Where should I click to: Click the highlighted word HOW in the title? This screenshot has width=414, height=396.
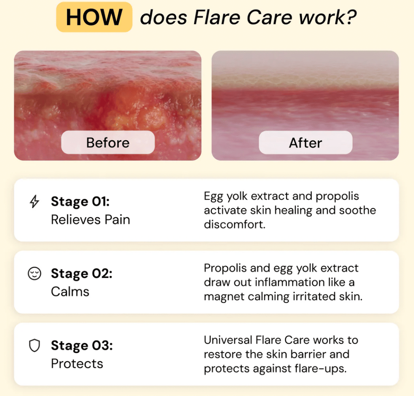click(94, 17)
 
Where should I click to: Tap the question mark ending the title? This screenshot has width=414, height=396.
click(350, 17)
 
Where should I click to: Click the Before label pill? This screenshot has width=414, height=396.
click(108, 142)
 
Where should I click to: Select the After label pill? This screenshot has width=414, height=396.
click(306, 142)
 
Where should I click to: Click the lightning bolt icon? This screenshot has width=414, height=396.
click(34, 201)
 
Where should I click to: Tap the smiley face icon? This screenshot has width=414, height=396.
click(34, 273)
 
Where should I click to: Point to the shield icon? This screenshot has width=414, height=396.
click(34, 345)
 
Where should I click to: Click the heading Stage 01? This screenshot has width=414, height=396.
click(80, 201)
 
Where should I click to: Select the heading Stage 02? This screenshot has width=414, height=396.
click(82, 273)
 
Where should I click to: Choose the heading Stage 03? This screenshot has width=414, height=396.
click(82, 345)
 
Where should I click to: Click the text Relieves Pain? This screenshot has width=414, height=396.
click(91, 219)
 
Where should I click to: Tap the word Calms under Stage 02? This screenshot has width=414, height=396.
click(70, 291)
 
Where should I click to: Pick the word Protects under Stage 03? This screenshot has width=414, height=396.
click(77, 363)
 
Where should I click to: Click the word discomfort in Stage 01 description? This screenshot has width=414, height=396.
click(235, 224)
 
